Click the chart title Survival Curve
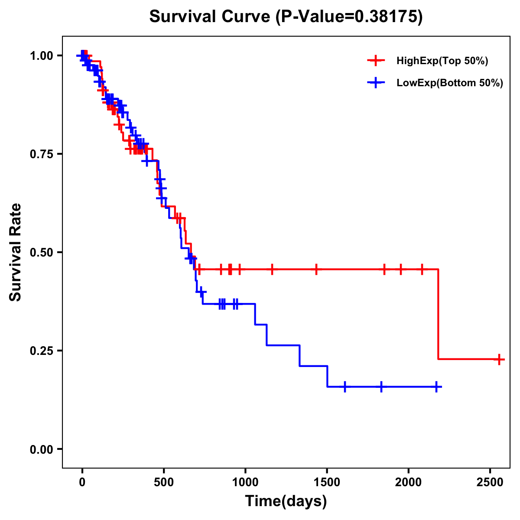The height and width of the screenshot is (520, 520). click(286, 16)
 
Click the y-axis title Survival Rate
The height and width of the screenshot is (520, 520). click(16, 252)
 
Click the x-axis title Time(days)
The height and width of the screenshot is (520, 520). click(286, 501)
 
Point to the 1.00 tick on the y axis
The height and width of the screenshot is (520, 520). click(42, 55)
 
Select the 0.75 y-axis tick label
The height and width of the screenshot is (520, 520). click(42, 154)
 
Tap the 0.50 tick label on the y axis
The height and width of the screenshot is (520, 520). click(42, 252)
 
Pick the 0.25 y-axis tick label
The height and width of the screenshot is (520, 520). click(42, 351)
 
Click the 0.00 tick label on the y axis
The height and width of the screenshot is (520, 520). click(42, 449)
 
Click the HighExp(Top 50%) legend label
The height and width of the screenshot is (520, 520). click(442, 61)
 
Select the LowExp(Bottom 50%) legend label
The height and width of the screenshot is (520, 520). click(450, 83)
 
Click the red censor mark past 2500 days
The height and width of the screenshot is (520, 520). click(499, 359)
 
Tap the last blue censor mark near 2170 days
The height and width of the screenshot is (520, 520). click(436, 387)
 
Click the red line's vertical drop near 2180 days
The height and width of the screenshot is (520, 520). click(438, 314)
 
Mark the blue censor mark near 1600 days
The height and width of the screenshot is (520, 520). click(345, 387)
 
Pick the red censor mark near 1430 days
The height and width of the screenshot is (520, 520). click(316, 269)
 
